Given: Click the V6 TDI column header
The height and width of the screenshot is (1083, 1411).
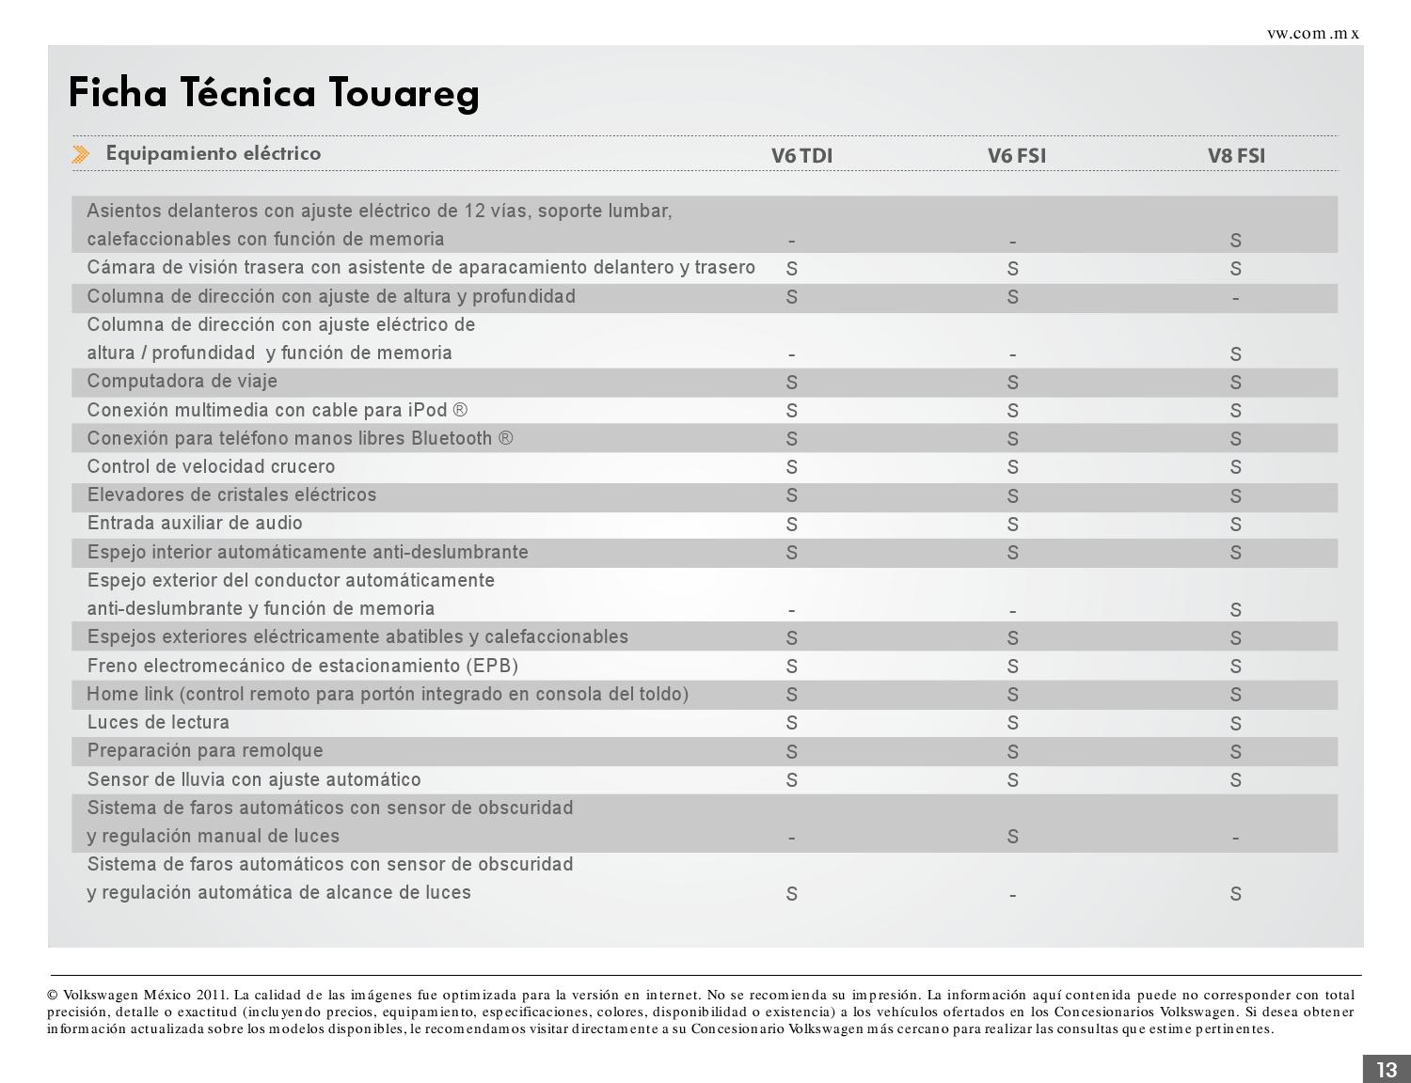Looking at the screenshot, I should click(x=801, y=156).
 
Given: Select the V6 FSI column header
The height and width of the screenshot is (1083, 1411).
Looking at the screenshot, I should click(x=1016, y=156).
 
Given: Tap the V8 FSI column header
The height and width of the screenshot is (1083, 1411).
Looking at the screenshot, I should click(x=1236, y=156).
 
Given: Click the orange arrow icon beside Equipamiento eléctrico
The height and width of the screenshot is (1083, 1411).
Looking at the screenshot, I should click(x=81, y=154).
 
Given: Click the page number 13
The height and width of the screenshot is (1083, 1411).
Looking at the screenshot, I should click(x=1387, y=1070).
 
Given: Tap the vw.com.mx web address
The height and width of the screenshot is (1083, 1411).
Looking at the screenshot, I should click(x=1313, y=34).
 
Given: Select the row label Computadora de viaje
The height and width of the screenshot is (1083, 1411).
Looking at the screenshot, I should click(x=182, y=382).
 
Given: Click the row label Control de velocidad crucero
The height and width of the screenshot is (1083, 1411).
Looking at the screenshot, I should click(x=211, y=467).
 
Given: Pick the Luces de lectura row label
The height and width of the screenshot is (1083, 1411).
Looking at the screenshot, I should click(x=158, y=723).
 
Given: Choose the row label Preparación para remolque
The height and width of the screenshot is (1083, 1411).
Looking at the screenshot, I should click(x=205, y=751).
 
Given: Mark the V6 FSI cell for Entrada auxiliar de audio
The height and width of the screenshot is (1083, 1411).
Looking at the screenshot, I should click(x=1012, y=525).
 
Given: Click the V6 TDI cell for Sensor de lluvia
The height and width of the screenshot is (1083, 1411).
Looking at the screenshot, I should click(x=791, y=780).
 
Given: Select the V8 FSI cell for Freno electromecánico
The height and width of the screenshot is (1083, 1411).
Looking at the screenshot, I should click(x=1235, y=667).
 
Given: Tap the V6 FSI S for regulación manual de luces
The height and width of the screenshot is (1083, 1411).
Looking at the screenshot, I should click(x=1012, y=837).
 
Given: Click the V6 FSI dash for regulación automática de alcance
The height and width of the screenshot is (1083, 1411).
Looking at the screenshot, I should click(x=1012, y=895).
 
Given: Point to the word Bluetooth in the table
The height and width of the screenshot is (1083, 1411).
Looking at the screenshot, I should click(x=452, y=439).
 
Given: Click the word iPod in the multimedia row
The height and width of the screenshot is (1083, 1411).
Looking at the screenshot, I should click(x=427, y=411).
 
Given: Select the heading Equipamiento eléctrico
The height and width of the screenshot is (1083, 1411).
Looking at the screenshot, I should click(x=214, y=154).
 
